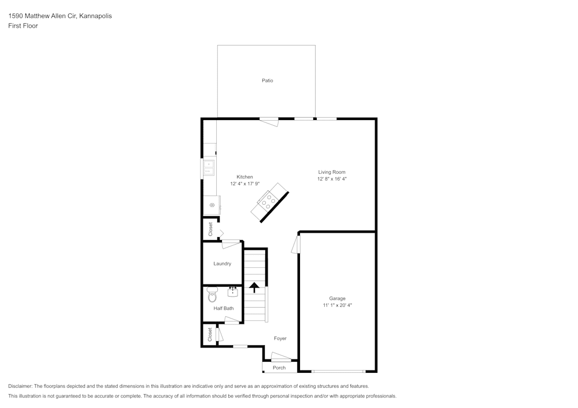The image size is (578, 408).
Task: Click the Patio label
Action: click(x=267, y=81)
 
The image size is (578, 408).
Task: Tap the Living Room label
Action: click(x=332, y=172)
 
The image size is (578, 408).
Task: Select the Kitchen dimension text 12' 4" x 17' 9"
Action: click(x=244, y=184)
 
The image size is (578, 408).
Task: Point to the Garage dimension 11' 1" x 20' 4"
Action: click(x=338, y=305)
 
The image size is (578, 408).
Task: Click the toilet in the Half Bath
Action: click(x=212, y=296)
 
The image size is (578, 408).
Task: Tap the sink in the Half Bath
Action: click(x=234, y=291)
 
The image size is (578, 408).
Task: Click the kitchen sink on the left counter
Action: click(x=208, y=168)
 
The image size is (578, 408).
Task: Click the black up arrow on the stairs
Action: click(x=254, y=286)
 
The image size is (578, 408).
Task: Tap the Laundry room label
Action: click(x=223, y=264)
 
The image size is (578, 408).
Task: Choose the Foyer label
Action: click(x=280, y=339)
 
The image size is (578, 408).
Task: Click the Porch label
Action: click(x=279, y=368)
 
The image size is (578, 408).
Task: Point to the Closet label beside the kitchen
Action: click(x=210, y=229)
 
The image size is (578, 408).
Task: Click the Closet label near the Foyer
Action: click(x=210, y=334)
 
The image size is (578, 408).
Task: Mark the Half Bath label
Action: click(x=224, y=309)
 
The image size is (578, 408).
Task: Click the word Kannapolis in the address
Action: click(x=97, y=16)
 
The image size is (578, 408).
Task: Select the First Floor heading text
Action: click(x=23, y=26)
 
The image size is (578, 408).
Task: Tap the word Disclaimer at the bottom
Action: click(x=20, y=386)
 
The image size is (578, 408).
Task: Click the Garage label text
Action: click(x=338, y=298)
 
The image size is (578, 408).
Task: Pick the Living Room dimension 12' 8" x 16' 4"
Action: click(x=332, y=179)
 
